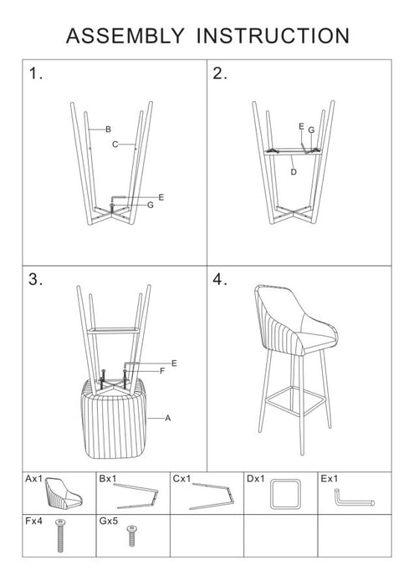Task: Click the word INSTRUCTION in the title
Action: point(272,35)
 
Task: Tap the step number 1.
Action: point(35,74)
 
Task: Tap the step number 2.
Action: point(220,74)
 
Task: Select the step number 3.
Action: point(35,280)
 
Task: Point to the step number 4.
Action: point(221,280)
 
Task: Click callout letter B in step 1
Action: point(108,129)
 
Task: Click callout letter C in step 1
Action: point(115,144)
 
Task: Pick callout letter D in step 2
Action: point(293,171)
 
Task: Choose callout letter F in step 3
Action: point(162,370)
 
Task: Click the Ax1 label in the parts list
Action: point(34,479)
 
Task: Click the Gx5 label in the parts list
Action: point(110,519)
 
